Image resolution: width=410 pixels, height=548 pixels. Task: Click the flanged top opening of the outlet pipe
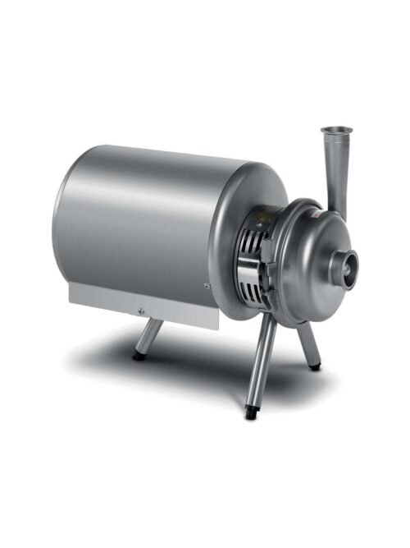coord(334,131)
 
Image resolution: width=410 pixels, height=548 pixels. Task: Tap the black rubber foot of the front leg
coord(251,413)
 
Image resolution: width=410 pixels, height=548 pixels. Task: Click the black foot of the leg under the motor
coord(140,356)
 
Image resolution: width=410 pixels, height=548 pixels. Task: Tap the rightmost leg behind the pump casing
coord(307,345)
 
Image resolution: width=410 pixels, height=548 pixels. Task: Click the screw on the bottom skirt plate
coord(140,310)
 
